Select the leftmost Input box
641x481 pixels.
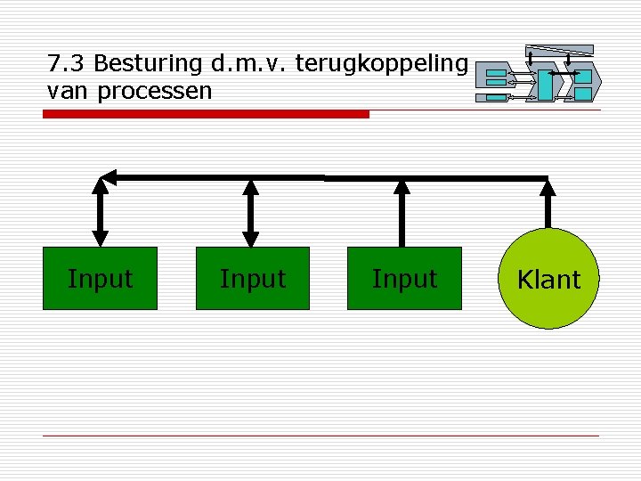click(x=101, y=279)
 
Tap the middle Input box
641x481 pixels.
click(x=253, y=279)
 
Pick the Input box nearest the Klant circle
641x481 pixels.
click(x=404, y=279)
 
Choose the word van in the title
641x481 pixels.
click(x=64, y=91)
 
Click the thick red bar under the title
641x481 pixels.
click(x=206, y=114)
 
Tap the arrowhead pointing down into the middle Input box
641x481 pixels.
click(x=252, y=239)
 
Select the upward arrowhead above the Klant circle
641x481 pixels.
click(x=548, y=187)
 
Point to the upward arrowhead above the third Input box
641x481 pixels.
click(x=402, y=187)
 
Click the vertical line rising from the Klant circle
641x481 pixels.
click(x=548, y=212)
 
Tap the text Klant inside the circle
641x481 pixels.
click(x=548, y=280)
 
